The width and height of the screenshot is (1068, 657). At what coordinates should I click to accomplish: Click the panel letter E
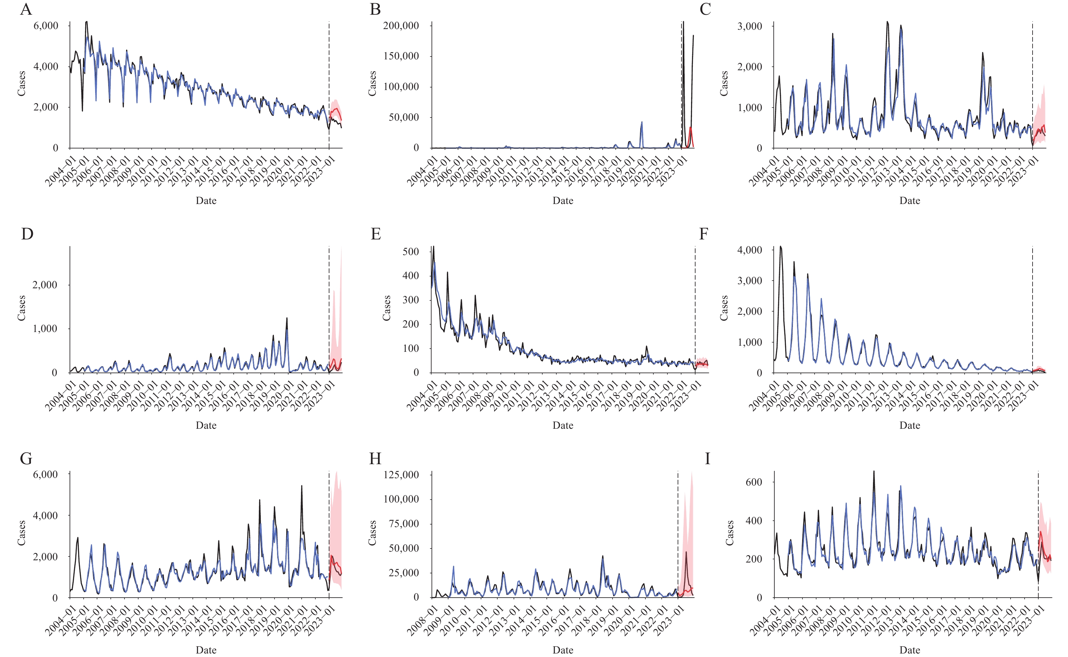click(x=376, y=234)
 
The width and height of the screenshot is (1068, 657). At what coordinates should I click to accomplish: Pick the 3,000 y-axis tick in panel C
click(x=750, y=26)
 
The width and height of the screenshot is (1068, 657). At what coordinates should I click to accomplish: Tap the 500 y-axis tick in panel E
click(x=410, y=252)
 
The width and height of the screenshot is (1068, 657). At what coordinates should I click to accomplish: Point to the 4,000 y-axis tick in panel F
click(x=750, y=250)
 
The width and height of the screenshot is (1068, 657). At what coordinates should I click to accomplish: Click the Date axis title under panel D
click(x=206, y=426)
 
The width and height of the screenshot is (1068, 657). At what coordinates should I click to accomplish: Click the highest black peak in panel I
click(x=874, y=472)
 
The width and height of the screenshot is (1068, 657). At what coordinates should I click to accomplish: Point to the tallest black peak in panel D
click(x=287, y=319)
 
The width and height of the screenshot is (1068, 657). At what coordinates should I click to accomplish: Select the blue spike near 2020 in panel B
click(x=642, y=123)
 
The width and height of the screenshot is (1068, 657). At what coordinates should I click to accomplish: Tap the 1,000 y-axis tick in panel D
click(x=45, y=329)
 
